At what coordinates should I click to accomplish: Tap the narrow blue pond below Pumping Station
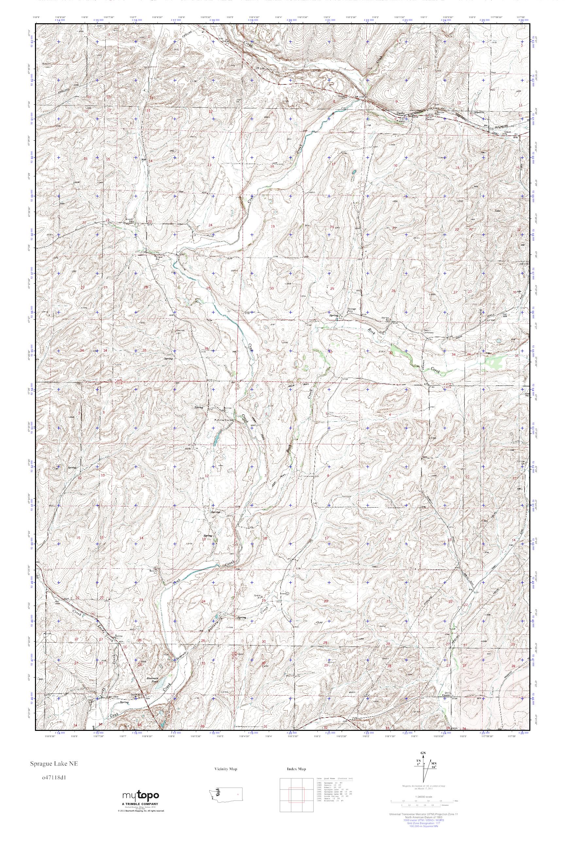click(217, 439)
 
